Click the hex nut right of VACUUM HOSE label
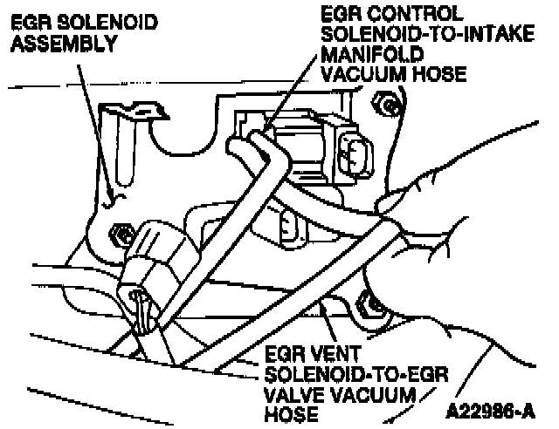[x=387, y=106]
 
